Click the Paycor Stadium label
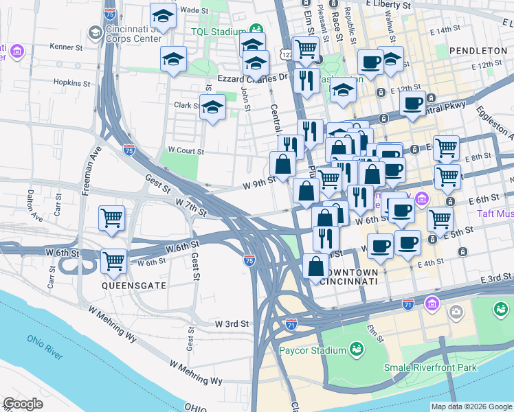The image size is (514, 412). pyautogui.click(x=313, y=351)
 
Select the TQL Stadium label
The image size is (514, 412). pyautogui.click(x=219, y=32)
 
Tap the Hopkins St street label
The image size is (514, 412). pyautogui.click(x=68, y=82)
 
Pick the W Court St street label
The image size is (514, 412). pyautogui.click(x=186, y=150)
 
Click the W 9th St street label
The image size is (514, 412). pyautogui.click(x=259, y=182)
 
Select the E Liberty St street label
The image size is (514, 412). pyautogui.click(x=388, y=4)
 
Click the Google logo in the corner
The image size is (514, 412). pyautogui.click(x=23, y=404)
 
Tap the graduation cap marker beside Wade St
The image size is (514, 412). pyautogui.click(x=163, y=14)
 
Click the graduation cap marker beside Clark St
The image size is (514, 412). pyautogui.click(x=212, y=106)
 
